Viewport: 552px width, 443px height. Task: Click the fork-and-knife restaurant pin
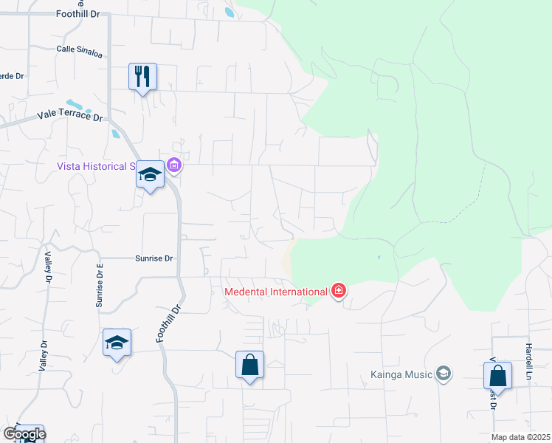142,76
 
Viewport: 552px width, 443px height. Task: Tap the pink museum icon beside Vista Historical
174,165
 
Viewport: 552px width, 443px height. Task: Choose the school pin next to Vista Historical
151,175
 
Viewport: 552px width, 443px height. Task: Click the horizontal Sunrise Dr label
153,258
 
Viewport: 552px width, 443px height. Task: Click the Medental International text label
277,291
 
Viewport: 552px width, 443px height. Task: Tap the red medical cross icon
339,291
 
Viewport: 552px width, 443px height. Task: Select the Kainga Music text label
401,374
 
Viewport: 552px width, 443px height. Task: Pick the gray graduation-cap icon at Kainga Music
443,374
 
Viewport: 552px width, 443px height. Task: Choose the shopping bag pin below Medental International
249,365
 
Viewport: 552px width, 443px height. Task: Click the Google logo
24,434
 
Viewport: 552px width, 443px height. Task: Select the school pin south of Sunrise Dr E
117,343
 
